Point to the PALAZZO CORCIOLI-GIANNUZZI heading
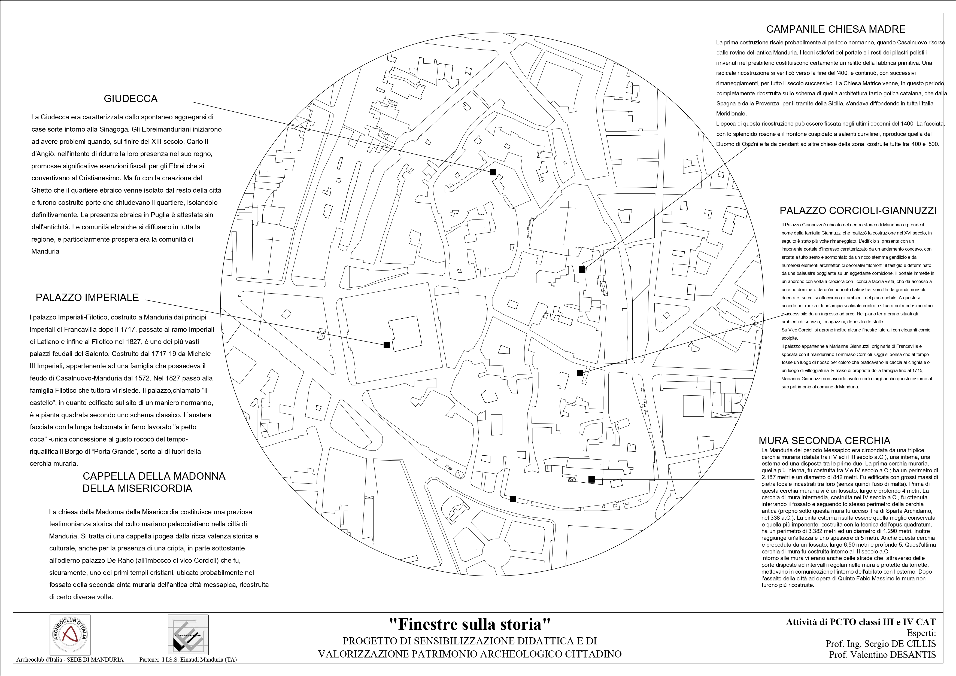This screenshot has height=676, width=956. tap(858, 211)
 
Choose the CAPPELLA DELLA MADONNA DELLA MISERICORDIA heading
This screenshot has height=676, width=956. tap(154, 482)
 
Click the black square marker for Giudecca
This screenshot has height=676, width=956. tap(493, 172)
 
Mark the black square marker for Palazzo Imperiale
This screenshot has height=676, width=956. tap(386, 345)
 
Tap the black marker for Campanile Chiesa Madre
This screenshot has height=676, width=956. tap(582, 270)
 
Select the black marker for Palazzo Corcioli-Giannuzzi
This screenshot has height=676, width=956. tap(579, 373)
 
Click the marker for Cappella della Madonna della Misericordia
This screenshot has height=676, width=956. tap(513, 499)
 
